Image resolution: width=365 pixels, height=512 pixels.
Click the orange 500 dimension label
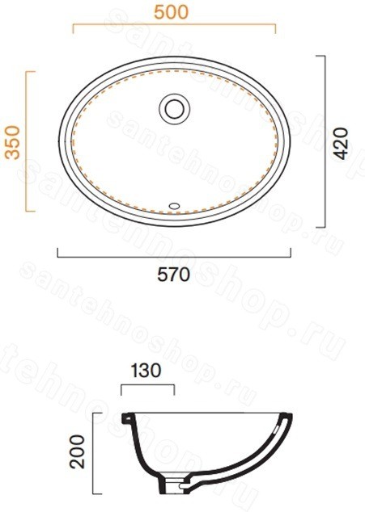(172, 12)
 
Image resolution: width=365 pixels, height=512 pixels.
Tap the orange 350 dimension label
(13, 142)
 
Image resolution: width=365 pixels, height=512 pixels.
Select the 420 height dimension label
(341, 144)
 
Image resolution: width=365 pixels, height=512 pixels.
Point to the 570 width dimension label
(173, 275)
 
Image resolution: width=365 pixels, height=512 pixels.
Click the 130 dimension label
(146, 371)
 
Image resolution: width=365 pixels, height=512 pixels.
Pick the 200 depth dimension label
(77, 451)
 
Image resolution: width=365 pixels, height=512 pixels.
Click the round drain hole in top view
(175, 109)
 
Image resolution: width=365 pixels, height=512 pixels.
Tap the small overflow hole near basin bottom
(174, 206)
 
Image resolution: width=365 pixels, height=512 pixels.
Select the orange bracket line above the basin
(174, 24)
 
